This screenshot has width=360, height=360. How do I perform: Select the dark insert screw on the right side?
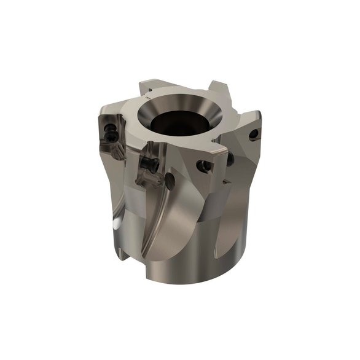pyautogui.click(x=230, y=159)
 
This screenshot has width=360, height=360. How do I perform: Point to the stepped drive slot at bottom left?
pyautogui.click(x=123, y=246)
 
